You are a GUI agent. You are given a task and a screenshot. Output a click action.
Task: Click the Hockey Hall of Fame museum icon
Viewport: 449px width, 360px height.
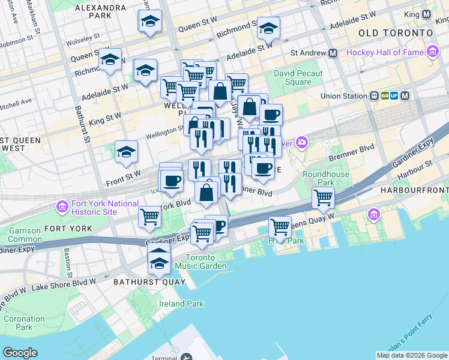pos(433,53)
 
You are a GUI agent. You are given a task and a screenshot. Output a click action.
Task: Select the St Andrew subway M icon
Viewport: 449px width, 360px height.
pos(333,53)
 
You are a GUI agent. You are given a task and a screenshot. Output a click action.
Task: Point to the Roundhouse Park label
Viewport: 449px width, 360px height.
pos(318,178)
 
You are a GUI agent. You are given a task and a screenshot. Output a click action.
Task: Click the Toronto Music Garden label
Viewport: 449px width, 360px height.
pos(200,262)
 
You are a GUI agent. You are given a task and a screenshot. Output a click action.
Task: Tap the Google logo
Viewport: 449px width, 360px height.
pos(20,353)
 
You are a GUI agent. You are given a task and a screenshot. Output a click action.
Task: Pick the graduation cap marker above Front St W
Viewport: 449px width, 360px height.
pos(127,153)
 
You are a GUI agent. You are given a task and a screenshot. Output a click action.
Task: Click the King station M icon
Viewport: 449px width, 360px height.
pos(426,14)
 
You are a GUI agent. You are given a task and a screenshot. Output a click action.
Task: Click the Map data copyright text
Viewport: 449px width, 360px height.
pos(411,355)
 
